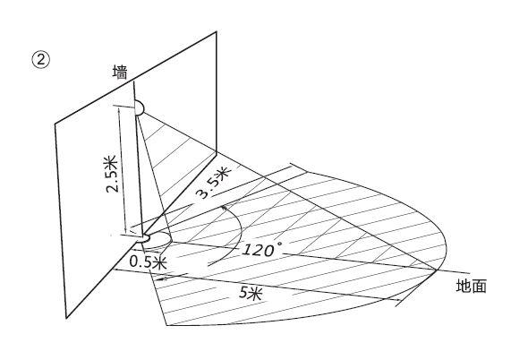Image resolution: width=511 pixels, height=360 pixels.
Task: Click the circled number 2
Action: [x=41, y=61]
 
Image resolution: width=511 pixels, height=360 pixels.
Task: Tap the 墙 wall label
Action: [x=120, y=72]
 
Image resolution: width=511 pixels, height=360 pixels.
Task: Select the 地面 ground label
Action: [x=471, y=287]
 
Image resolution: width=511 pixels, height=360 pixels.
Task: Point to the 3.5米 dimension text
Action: [x=214, y=183]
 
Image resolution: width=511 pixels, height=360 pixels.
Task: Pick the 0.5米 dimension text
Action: [x=149, y=261]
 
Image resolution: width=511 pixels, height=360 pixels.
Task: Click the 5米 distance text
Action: [x=251, y=293]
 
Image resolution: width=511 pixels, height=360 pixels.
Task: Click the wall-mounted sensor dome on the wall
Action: [x=140, y=107]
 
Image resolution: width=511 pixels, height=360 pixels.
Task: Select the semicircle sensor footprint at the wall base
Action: [x=158, y=240]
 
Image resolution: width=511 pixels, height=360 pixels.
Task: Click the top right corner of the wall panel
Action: [x=217, y=31]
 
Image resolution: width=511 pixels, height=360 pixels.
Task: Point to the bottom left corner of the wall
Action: [x=66, y=318]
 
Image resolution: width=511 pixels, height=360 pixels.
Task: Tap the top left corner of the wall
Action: [x=55, y=124]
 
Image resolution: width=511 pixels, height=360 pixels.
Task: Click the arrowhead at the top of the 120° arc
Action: [x=224, y=208]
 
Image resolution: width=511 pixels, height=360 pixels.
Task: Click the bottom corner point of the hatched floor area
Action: [x=166, y=325]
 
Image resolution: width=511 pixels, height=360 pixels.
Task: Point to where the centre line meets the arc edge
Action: [x=437, y=270]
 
